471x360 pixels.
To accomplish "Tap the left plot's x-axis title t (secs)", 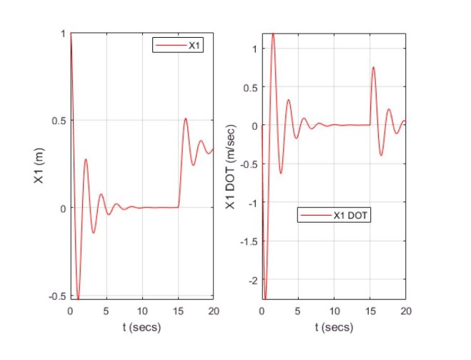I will pyautogui.click(x=142, y=328).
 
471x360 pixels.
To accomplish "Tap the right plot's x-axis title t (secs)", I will pyautogui.click(x=334, y=328).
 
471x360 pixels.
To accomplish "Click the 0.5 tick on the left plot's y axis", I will pyautogui.click(x=57, y=121).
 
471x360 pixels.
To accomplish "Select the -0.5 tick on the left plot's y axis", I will pyautogui.click(x=56, y=296).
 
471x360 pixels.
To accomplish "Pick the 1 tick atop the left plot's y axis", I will pyautogui.click(x=63, y=34).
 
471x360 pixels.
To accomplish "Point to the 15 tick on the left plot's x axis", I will pyautogui.click(x=178, y=311).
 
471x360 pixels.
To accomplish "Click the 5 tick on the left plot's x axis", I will pyautogui.click(x=106, y=311).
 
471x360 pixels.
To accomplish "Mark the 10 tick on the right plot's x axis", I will pyautogui.click(x=334, y=311).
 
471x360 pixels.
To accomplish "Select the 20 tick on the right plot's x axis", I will pyautogui.click(x=405, y=311).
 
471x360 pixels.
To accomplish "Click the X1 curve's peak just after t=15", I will pyautogui.click(x=185, y=119).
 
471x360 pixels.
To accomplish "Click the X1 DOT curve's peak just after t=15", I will pyautogui.click(x=373, y=67).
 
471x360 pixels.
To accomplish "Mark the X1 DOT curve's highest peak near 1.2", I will pyautogui.click(x=272, y=34).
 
